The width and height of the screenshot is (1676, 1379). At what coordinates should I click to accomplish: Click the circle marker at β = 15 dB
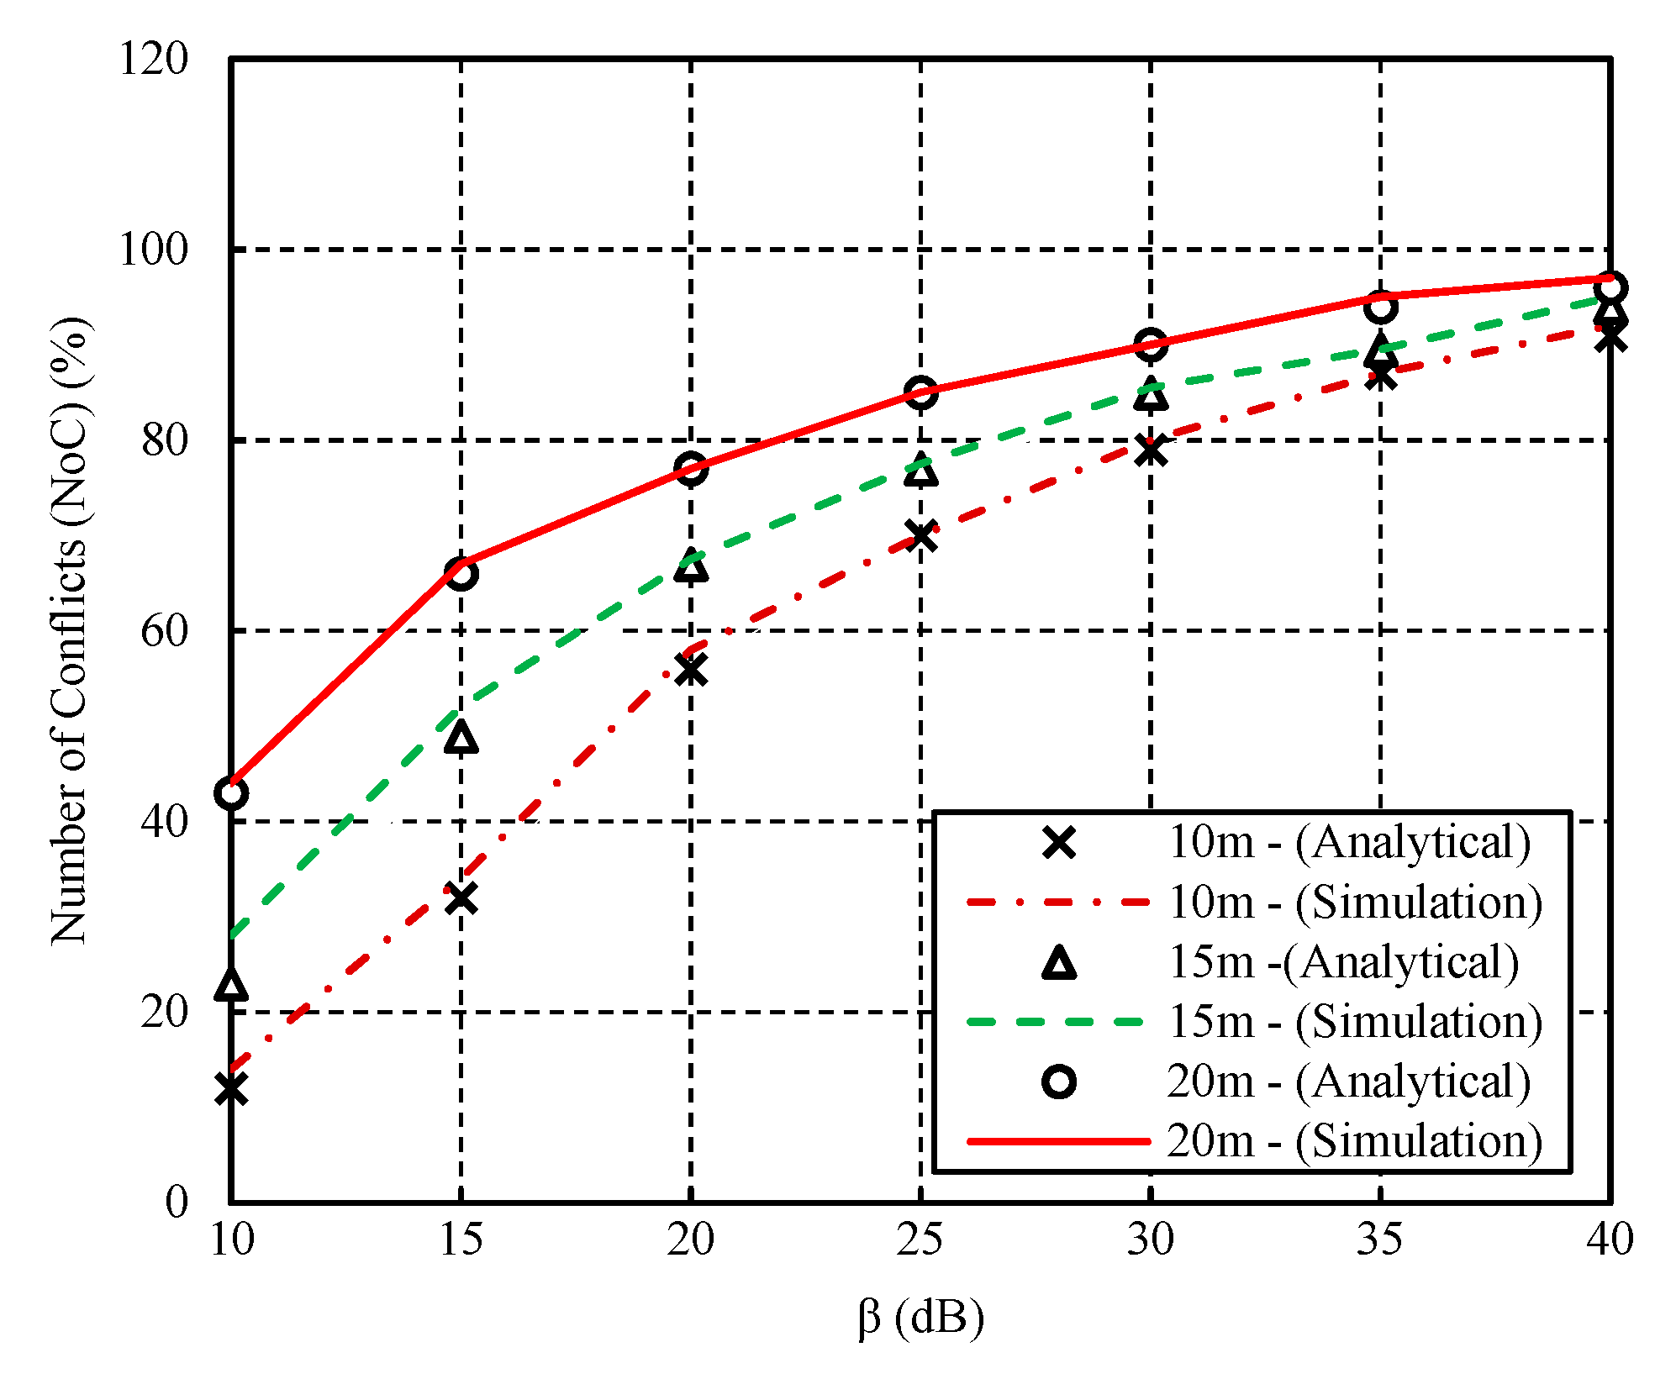click(461, 575)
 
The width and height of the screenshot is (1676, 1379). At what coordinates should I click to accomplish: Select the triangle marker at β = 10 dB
click(231, 984)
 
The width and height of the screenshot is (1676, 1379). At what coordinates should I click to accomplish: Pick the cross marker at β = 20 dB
click(691, 671)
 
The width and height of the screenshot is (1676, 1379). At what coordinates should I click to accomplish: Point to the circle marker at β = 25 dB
click(921, 392)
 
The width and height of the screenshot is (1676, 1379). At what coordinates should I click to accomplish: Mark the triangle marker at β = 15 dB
click(461, 738)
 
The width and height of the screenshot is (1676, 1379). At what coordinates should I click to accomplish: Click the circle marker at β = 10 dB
click(231, 792)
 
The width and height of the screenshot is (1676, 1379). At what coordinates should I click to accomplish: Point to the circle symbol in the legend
click(1059, 1082)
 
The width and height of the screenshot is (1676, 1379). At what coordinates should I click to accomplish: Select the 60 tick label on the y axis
click(164, 631)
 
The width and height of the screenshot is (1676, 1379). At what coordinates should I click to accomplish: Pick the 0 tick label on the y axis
click(176, 1202)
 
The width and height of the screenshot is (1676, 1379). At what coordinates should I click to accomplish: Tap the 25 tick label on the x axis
click(920, 1240)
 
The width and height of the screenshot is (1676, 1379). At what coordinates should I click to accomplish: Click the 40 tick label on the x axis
click(1610, 1240)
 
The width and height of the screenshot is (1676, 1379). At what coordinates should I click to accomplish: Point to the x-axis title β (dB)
click(921, 1318)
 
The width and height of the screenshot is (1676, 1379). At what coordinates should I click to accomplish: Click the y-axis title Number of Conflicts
click(71, 630)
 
